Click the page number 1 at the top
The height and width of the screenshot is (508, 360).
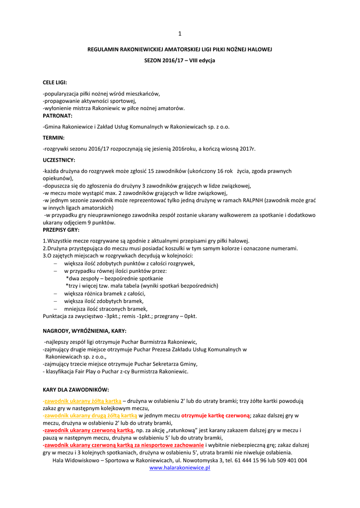[x=180, y=33]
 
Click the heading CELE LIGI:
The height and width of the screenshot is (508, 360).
[x=55, y=82]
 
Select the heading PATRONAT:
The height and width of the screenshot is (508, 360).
[x=58, y=115]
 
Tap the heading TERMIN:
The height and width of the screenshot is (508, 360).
[x=54, y=137]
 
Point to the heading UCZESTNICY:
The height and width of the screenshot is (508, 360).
[x=59, y=160]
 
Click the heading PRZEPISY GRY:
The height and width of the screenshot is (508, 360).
[x=61, y=230]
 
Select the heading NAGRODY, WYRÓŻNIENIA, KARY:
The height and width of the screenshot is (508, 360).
[x=84, y=330]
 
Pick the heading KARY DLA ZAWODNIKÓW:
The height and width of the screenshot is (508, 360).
[x=75, y=390]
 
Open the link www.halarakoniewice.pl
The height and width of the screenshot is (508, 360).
[x=180, y=468]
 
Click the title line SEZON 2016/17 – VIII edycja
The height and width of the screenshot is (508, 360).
[x=180, y=60]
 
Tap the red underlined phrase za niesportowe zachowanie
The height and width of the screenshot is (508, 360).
[x=169, y=445]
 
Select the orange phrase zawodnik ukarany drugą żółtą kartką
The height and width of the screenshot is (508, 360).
[x=91, y=415]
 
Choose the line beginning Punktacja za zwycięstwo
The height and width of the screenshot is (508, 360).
[x=120, y=316]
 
